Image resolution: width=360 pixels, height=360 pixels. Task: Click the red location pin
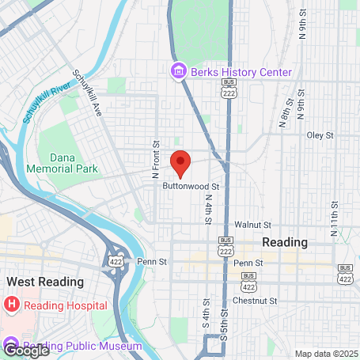(180, 162)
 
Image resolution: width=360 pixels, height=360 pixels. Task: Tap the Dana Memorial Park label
(72, 163)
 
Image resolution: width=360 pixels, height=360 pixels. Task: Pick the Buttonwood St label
(190, 186)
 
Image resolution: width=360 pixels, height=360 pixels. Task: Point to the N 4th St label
(207, 210)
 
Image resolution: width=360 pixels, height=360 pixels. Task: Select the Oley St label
(320, 135)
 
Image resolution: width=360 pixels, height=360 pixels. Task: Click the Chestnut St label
(256, 301)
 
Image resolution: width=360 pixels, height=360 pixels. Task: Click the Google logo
(25, 349)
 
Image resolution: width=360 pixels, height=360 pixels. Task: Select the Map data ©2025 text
(327, 353)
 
